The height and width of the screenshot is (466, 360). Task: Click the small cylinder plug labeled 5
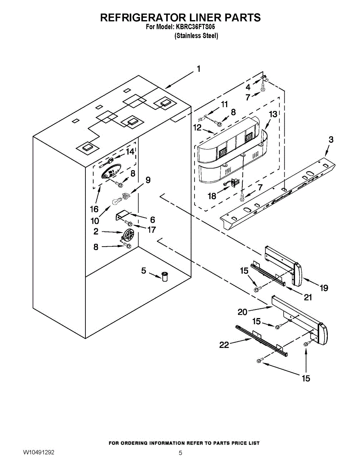[x=165, y=276]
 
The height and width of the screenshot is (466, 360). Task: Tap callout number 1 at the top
[x=199, y=69]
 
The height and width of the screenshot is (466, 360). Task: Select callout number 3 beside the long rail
[x=331, y=140]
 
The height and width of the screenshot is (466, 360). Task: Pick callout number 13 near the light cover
[x=273, y=114]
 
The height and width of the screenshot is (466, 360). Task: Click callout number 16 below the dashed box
[x=94, y=209]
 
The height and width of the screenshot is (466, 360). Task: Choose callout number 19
[x=324, y=288]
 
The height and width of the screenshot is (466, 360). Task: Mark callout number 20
[x=242, y=312]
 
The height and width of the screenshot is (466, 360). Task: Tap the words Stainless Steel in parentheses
[x=197, y=36]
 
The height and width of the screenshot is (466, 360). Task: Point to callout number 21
[x=308, y=297]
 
